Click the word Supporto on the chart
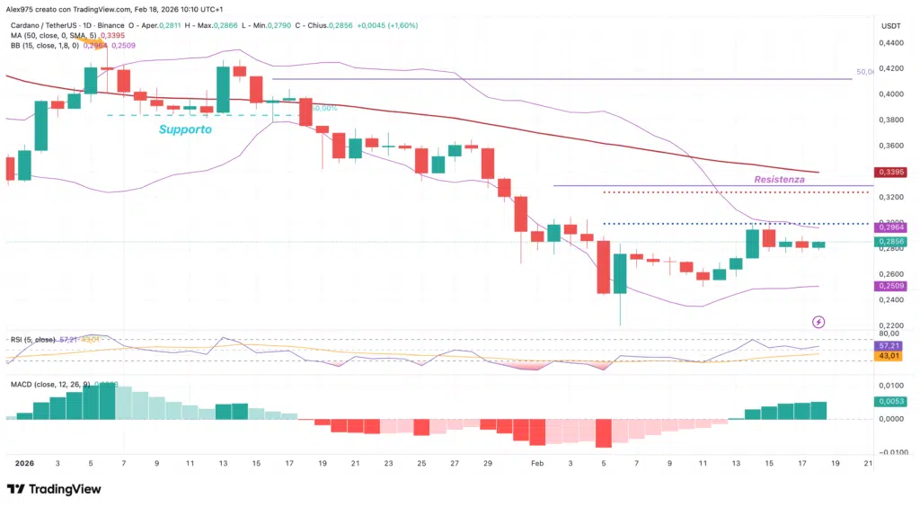point(185,129)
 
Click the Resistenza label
point(778,179)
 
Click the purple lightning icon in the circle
point(818,321)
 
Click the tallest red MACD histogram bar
point(603,433)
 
